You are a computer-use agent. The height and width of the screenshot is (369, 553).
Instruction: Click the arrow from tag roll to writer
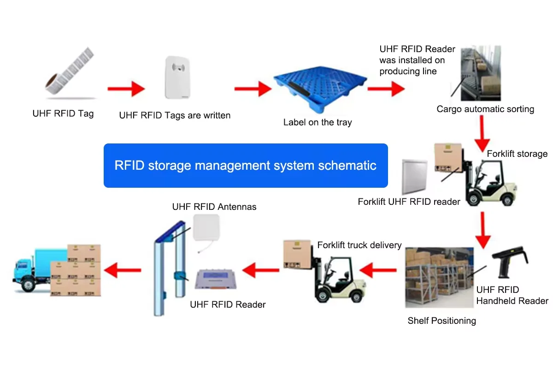[x=126, y=88]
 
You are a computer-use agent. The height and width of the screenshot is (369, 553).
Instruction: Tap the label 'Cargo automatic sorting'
[x=485, y=109]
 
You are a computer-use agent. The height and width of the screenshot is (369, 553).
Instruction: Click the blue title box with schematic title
[x=246, y=166]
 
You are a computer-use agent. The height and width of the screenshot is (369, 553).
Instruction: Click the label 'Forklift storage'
[x=517, y=154]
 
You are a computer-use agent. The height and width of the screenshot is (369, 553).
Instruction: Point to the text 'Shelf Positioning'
[x=441, y=321]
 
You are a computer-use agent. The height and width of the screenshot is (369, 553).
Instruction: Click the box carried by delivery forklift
[x=298, y=255]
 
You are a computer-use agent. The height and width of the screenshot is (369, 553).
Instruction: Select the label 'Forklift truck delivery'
[x=359, y=245]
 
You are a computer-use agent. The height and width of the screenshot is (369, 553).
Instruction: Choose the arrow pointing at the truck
[x=122, y=270]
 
